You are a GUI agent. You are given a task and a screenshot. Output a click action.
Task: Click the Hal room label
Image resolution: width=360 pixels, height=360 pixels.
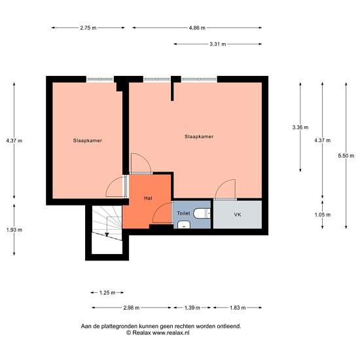point(148,198)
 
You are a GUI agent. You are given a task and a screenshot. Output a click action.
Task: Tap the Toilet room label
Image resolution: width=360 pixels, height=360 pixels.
point(183,213)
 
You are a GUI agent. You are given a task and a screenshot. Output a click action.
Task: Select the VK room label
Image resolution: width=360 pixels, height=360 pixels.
point(238,215)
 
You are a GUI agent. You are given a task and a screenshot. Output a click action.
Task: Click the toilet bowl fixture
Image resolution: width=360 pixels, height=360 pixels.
point(202,213)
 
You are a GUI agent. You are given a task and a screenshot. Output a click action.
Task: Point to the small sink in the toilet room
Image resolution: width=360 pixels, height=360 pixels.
point(184,225)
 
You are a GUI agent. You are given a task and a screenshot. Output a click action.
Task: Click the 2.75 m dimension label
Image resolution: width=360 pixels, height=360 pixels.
point(88,27)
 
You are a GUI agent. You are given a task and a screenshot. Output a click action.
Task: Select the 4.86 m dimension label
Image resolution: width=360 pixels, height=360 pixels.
point(197,27)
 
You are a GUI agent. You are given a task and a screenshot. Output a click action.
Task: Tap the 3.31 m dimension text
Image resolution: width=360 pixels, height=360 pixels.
point(218,44)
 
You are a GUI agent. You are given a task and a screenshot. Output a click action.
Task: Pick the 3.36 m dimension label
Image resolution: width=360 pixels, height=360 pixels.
point(300,127)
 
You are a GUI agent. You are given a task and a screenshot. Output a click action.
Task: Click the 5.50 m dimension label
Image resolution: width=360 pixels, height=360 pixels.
point(346,156)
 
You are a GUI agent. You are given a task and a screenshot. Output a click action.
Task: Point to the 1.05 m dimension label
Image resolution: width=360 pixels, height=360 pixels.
point(322,215)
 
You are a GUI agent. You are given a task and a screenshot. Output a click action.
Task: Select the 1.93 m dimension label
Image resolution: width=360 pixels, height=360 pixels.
point(14,230)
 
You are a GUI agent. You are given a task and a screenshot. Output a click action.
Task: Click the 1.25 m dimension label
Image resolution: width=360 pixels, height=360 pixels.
point(107,293)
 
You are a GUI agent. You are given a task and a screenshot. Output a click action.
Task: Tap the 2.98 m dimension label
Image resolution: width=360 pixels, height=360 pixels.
point(132,308)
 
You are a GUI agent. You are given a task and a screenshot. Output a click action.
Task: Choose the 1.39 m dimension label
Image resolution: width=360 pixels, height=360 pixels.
point(192,308)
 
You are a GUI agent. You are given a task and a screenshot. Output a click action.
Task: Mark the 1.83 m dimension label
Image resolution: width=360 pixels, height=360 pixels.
point(238,308)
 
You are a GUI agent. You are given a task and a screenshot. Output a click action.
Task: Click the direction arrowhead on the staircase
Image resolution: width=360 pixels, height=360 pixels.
point(107,234)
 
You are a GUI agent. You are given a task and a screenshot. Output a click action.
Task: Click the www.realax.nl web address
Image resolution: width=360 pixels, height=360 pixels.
point(171,333)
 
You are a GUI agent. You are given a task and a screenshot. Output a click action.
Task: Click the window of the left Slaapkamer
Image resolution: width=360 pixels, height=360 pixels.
point(100,79)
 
